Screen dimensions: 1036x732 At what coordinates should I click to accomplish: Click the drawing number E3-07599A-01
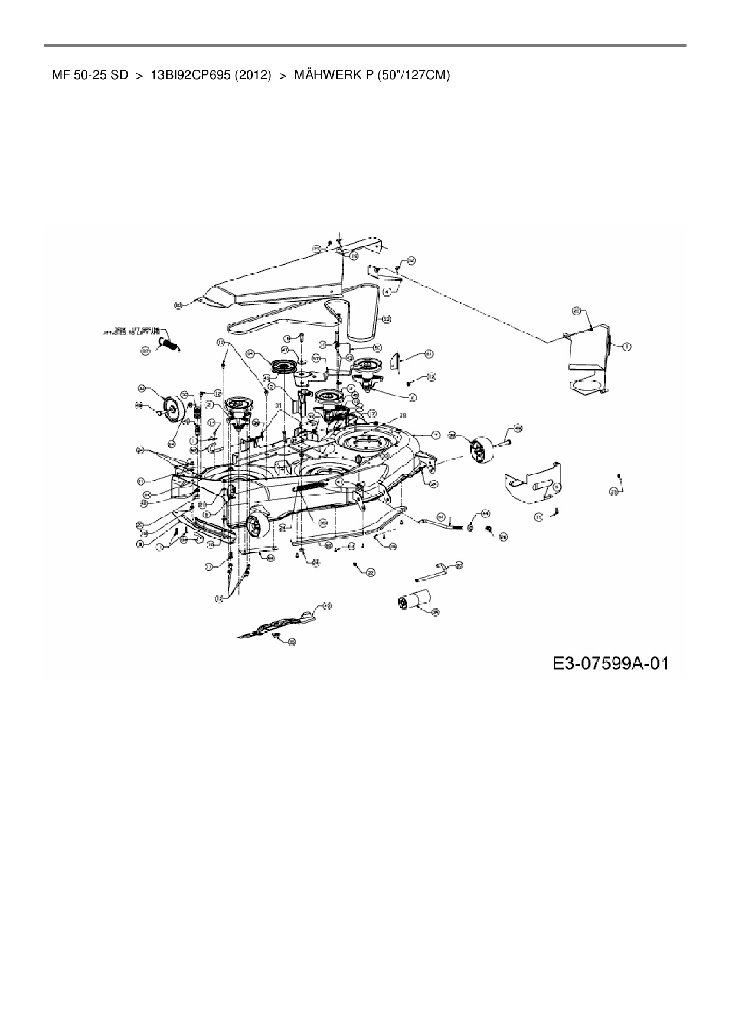tap(610, 663)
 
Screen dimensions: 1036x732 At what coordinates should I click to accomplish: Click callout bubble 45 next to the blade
tap(327, 605)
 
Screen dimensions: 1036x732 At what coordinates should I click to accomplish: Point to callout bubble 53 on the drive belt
tap(387, 319)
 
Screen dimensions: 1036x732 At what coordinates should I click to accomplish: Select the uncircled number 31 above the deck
tap(279, 405)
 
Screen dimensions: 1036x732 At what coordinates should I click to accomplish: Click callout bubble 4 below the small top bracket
tap(387, 291)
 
